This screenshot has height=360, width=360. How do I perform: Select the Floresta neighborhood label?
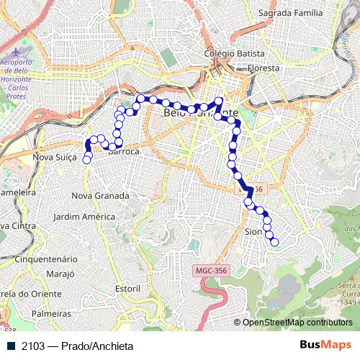pyautogui.click(x=264, y=68)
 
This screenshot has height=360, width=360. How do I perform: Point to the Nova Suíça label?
pyautogui.click(x=55, y=156)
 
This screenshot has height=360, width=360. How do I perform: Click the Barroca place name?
pyautogui.click(x=123, y=152)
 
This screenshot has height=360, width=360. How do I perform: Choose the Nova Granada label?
pyautogui.click(x=101, y=195)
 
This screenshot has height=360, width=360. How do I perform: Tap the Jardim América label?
pyautogui.click(x=84, y=216)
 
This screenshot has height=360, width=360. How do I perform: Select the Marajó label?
pyautogui.click(x=60, y=274)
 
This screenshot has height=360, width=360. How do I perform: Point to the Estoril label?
pyautogui.click(x=127, y=288)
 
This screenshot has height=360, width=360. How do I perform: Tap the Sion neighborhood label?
pyautogui.click(x=253, y=232)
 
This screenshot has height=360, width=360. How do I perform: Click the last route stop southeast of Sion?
pyautogui.click(x=274, y=243)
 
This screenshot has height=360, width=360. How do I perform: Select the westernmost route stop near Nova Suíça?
pyautogui.click(x=87, y=160)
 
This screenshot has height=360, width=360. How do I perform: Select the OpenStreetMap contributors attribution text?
pyautogui.click(x=297, y=323)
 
